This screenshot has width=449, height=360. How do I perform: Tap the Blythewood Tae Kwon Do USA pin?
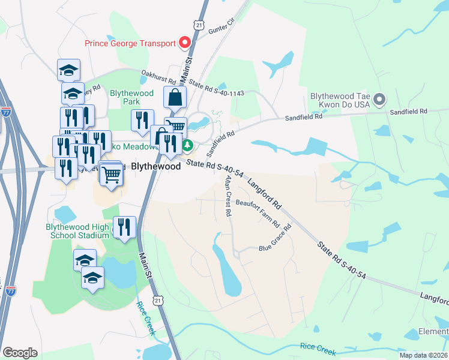pyautogui.click(x=379, y=98)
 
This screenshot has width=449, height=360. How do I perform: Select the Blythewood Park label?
pyautogui.click(x=131, y=97)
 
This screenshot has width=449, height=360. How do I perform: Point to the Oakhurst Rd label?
pyautogui.click(x=158, y=77)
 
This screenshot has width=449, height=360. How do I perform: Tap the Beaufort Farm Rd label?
pyautogui.click(x=258, y=213)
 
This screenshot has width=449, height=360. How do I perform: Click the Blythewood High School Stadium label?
pyautogui.click(x=77, y=231)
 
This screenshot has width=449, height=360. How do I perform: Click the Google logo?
pyautogui.click(x=20, y=353)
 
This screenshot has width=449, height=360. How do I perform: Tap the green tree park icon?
pyautogui.click(x=188, y=145)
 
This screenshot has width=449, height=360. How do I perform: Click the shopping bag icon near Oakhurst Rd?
pyautogui.click(x=175, y=97)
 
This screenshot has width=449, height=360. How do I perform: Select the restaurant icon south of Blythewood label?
pyautogui.click(x=124, y=227)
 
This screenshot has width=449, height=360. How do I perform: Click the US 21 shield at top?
pyautogui.click(x=199, y=23)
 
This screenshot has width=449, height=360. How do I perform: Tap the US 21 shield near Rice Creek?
pyautogui.click(x=157, y=300)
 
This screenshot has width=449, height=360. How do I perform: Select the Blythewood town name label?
pyautogui.click(x=156, y=167)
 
